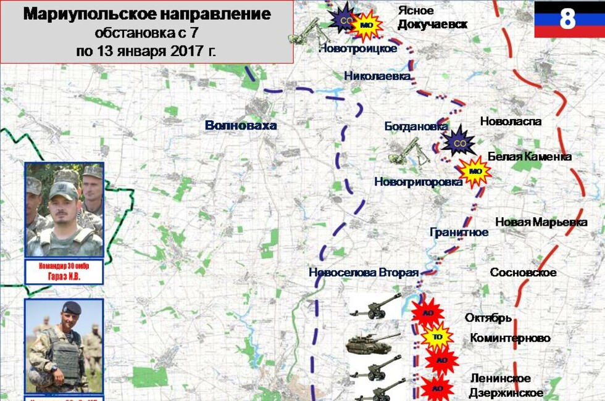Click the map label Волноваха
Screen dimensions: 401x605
(241, 126)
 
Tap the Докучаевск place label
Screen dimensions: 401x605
(432, 25)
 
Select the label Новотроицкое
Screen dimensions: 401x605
(357, 49)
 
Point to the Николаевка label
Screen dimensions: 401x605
(377, 76)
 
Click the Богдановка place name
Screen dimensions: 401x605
(415, 126)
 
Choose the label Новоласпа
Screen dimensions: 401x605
(511, 122)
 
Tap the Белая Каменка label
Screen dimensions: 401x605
(530, 157)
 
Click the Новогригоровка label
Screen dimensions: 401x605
(418, 182)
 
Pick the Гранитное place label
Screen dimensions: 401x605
(459, 232)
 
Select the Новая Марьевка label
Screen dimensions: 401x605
(541, 222)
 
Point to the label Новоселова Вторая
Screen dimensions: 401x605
(364, 273)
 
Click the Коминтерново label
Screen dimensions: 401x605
(510, 338)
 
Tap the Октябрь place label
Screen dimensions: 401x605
(488, 318)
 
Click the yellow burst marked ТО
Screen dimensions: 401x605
(436, 337)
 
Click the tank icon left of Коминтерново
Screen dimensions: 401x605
(373, 343)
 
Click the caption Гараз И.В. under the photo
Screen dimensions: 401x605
(64, 277)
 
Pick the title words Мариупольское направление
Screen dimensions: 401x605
(147, 14)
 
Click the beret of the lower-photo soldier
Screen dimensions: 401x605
(72, 307)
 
